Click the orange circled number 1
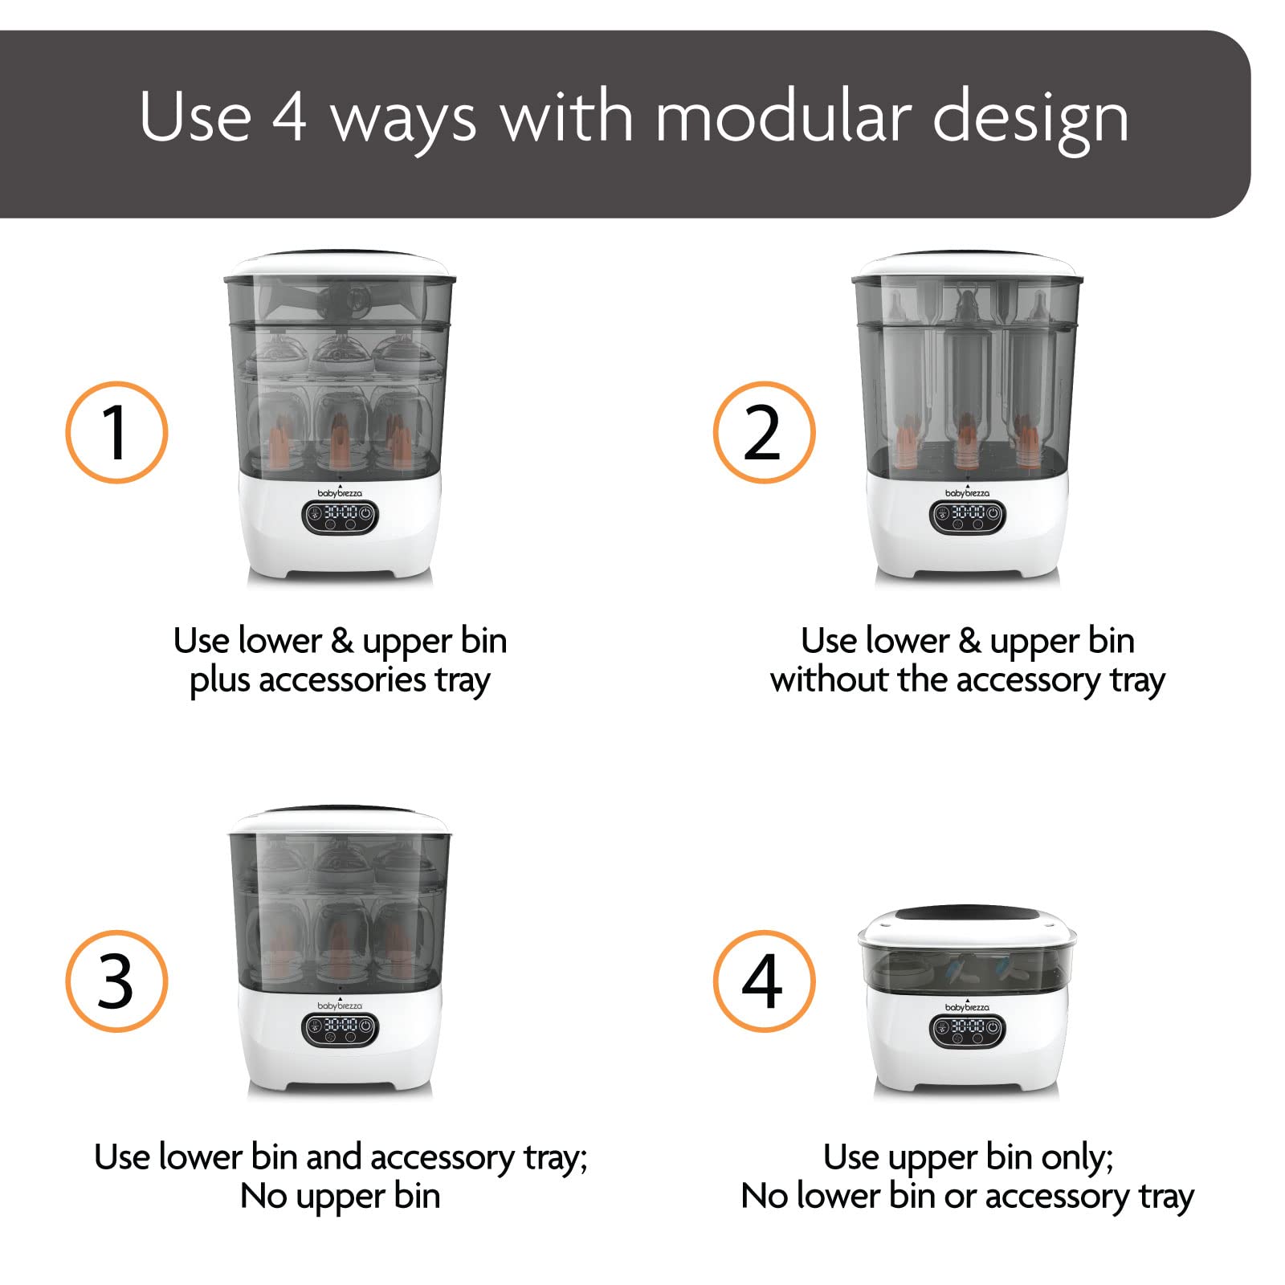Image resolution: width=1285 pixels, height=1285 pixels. click(x=116, y=432)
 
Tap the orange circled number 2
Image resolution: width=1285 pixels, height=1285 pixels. click(x=764, y=432)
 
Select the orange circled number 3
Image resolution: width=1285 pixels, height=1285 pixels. click(x=116, y=981)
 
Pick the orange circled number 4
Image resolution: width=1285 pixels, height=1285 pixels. click(x=764, y=981)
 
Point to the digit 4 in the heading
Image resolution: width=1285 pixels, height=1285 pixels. click(x=289, y=118)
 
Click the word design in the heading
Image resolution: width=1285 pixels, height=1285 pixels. click(x=1031, y=120)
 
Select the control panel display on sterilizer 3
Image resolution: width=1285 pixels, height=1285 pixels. click(x=340, y=1030)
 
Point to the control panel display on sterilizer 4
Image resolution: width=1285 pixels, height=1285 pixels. click(x=968, y=1030)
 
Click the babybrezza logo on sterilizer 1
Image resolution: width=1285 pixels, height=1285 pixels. click(x=340, y=492)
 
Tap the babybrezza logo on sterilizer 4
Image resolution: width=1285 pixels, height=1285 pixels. click(x=968, y=1006)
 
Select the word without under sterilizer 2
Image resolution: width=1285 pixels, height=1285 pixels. click(x=829, y=679)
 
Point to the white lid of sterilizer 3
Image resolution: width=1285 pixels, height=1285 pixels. click(x=340, y=822)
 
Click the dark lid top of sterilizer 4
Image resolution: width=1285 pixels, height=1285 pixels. click(x=966, y=914)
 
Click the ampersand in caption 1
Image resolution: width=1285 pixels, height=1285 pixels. click(x=342, y=641)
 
